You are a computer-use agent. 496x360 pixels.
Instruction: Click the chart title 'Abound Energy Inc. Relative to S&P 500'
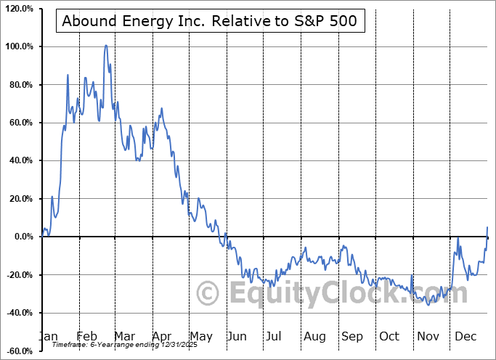coord(209,20)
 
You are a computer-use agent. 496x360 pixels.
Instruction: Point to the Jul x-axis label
coord(274,337)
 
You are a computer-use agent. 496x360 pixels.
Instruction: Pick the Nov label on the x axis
coord(428,337)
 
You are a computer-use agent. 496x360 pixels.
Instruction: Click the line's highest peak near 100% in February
coord(106,46)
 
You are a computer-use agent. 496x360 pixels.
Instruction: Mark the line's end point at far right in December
coord(487,228)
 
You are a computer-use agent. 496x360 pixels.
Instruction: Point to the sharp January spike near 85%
coord(68,75)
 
